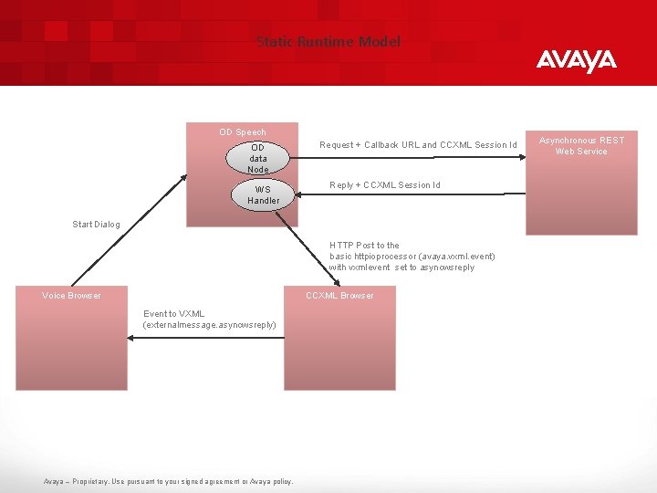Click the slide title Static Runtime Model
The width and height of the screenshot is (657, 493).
pyautogui.click(x=328, y=42)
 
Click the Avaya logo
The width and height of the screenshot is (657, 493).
pyautogui.click(x=576, y=61)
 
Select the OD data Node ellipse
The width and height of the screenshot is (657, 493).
pyautogui.click(x=258, y=158)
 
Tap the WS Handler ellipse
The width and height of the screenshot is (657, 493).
pyautogui.click(x=263, y=195)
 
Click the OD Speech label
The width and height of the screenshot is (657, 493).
pyautogui.click(x=243, y=132)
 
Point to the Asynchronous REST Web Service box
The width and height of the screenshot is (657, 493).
pyautogui.click(x=581, y=183)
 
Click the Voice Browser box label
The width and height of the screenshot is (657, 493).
pyautogui.click(x=71, y=296)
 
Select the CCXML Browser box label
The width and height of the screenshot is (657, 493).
pyautogui.click(x=339, y=296)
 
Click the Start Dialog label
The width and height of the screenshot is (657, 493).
pyautogui.click(x=97, y=225)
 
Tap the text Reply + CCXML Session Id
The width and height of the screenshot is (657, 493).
pyautogui.click(x=385, y=185)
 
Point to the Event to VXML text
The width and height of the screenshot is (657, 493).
pyautogui.click(x=174, y=314)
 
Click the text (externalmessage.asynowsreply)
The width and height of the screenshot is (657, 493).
pyautogui.click(x=209, y=325)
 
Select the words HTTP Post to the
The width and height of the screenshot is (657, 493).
pyautogui.click(x=365, y=246)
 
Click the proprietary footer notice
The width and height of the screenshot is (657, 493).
pyautogui.click(x=169, y=481)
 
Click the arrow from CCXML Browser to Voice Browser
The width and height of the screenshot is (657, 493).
pyautogui.click(x=205, y=338)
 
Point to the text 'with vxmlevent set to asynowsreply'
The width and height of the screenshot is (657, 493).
pyautogui.click(x=401, y=267)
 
